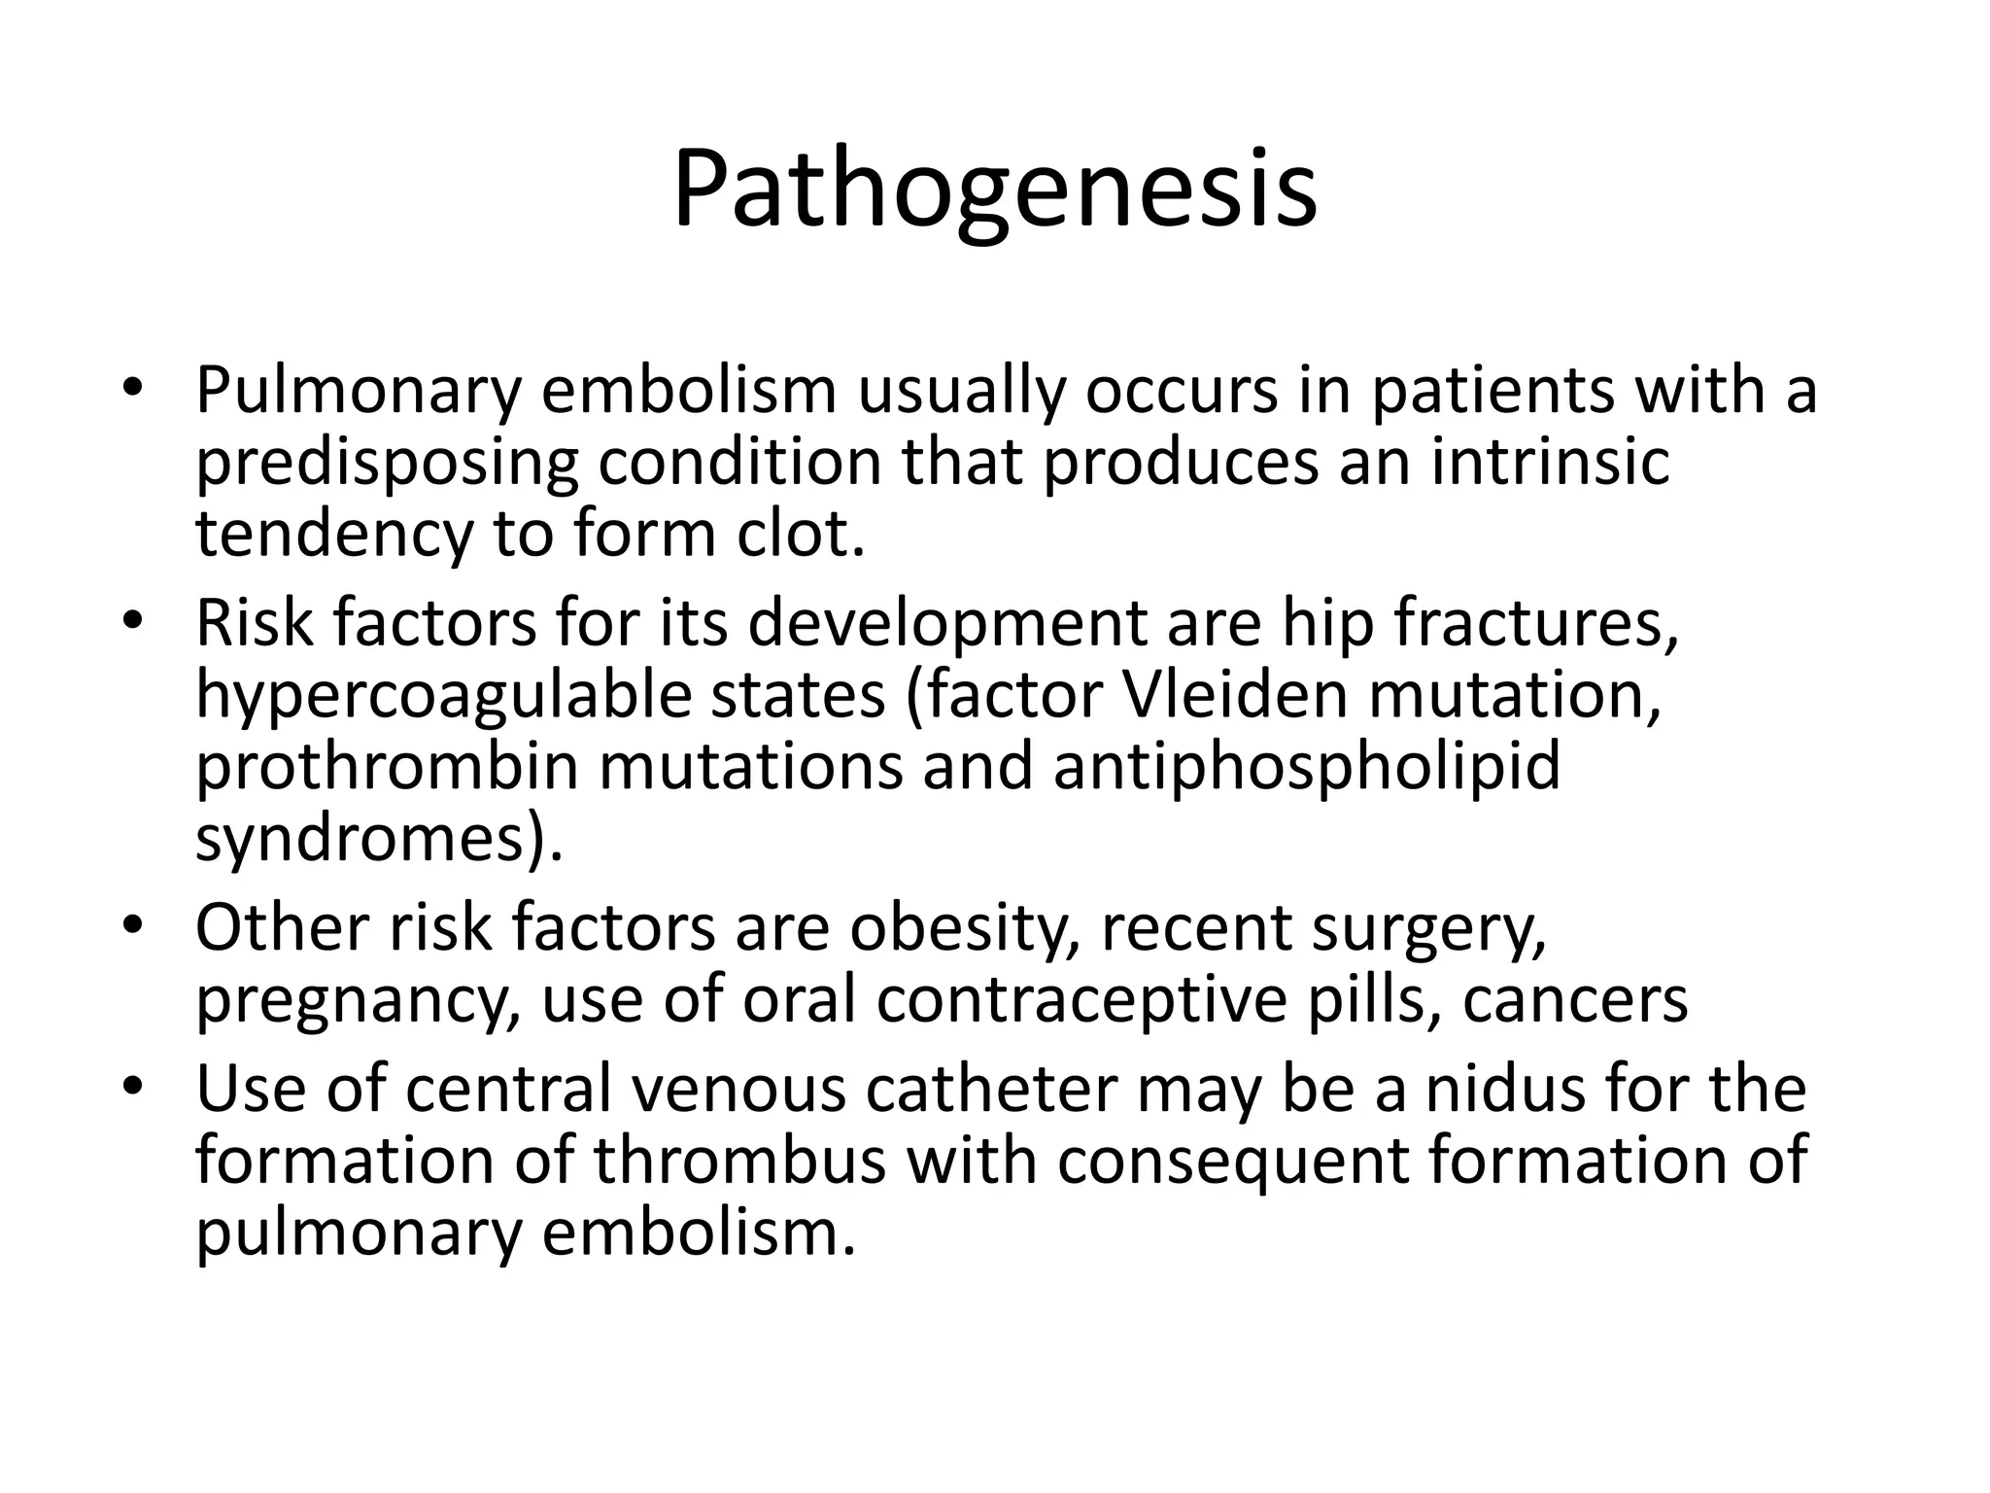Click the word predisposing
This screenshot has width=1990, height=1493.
(387, 465)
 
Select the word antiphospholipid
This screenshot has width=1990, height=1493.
(1306, 768)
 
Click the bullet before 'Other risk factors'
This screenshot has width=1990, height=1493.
(133, 923)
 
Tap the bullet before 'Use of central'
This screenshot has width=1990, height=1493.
(133, 1083)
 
